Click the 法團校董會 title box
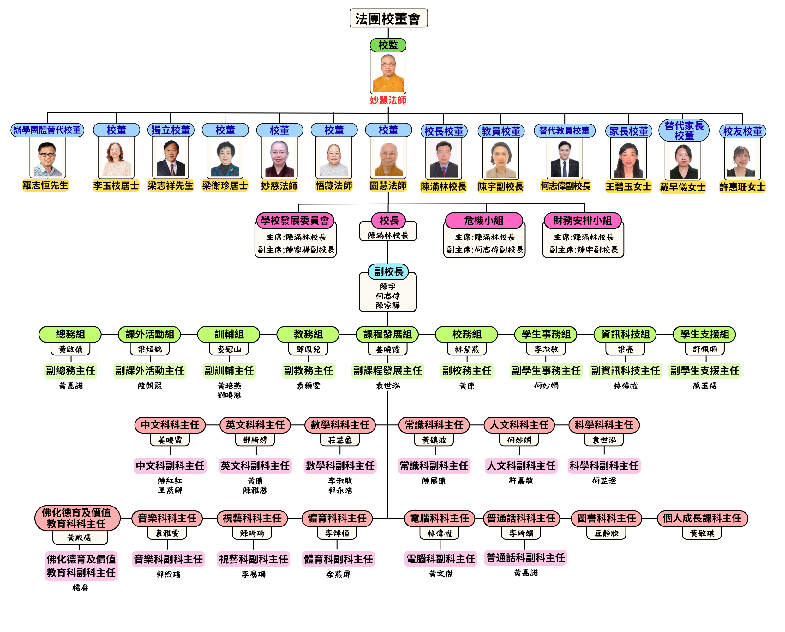click(388, 18)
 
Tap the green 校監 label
click(388, 45)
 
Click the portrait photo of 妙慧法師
click(388, 72)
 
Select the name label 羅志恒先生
click(45, 185)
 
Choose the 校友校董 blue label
click(742, 131)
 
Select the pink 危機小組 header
click(483, 220)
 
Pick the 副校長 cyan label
click(388, 271)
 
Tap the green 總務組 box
click(70, 334)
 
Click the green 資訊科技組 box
click(625, 334)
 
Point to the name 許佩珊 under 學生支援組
click(704, 349)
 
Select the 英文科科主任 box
click(255, 425)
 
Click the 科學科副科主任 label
click(604, 465)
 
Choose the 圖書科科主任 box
click(606, 518)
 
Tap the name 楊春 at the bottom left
click(80, 587)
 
